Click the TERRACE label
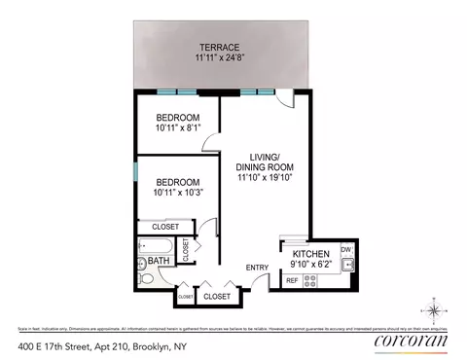(x=220, y=47)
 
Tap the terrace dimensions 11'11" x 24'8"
(x=220, y=58)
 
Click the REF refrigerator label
(x=291, y=281)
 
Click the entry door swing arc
(x=257, y=281)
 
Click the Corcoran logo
(x=412, y=342)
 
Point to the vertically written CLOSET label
(x=187, y=250)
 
